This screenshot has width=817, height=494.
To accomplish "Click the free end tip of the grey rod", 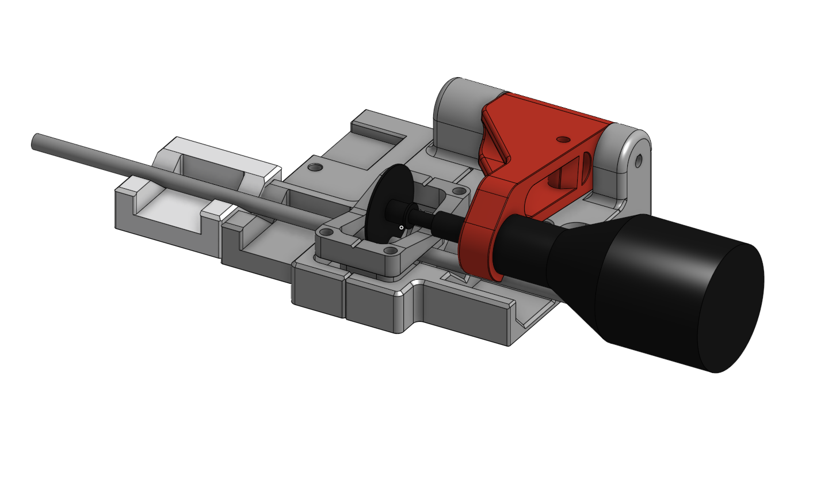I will [35, 141].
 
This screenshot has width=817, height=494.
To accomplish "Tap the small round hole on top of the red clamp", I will [562, 139].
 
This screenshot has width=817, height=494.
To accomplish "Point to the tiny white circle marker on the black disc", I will [401, 227].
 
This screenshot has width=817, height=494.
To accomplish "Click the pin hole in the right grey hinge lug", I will [638, 159].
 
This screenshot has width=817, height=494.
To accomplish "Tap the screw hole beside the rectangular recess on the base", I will [314, 168].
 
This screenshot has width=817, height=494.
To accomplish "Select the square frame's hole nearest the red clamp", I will [459, 191].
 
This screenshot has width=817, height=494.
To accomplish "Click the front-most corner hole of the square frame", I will [391, 250].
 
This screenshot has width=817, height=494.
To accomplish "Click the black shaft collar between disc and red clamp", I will [446, 223].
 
